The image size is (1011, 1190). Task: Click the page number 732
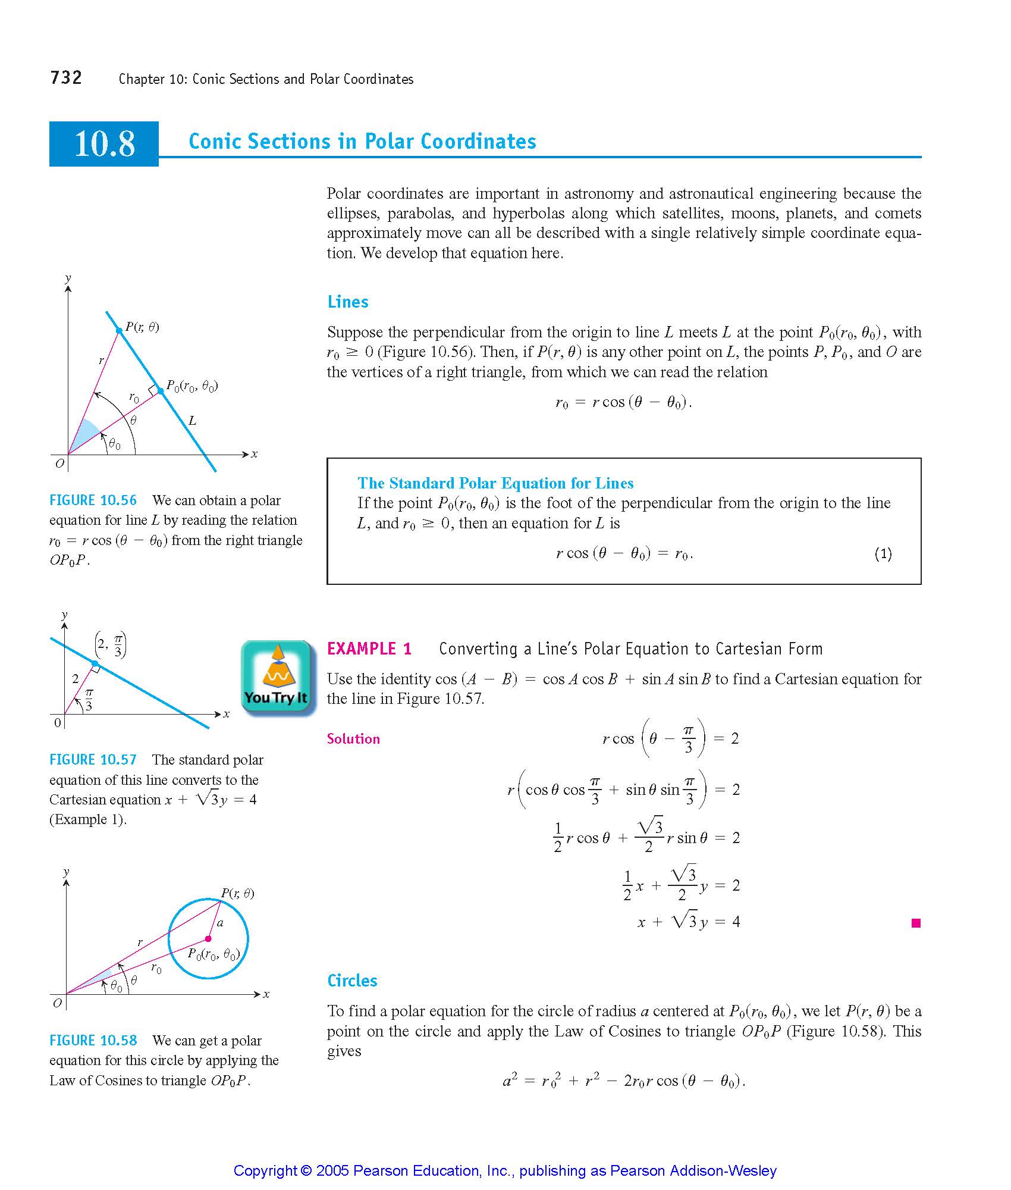tap(66, 78)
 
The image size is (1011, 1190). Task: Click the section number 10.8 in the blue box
tap(105, 144)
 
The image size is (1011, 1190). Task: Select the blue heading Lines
tap(348, 302)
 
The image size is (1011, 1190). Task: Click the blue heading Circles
tap(352, 981)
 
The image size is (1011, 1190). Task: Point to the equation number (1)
tap(883, 554)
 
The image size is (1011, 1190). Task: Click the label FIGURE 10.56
tap(93, 500)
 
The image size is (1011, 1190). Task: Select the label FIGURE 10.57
tap(93, 760)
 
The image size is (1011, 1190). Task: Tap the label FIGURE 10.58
tap(93, 1041)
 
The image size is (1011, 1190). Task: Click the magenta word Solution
tap(353, 739)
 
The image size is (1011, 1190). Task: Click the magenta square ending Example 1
tap(916, 923)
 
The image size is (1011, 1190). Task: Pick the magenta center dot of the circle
tap(208, 939)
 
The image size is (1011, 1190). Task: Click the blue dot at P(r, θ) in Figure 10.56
tap(119, 330)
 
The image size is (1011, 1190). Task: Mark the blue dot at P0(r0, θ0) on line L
tap(161, 391)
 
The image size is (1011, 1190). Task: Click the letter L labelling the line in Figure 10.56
tap(192, 421)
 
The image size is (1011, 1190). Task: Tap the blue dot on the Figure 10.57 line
tap(95, 663)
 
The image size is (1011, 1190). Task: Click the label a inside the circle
tap(220, 923)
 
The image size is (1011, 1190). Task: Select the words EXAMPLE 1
tap(369, 649)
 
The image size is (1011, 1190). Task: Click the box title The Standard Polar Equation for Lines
tap(495, 483)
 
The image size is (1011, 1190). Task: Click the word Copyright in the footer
tap(264, 1171)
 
